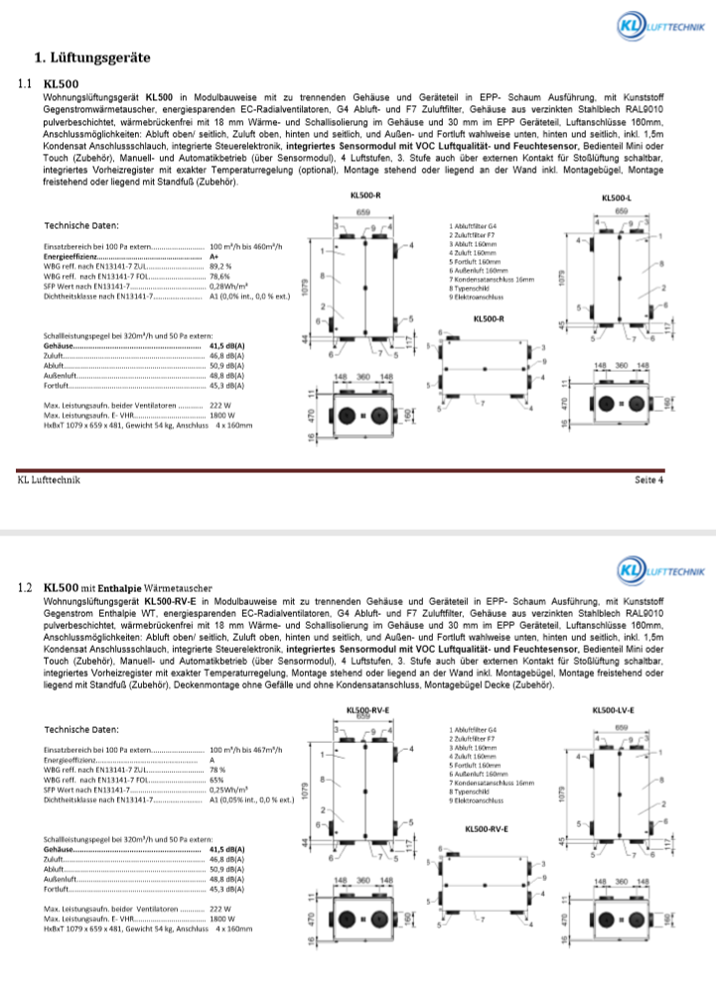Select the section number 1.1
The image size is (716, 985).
click(27, 84)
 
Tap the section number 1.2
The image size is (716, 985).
click(27, 588)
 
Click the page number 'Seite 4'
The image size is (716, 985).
click(648, 480)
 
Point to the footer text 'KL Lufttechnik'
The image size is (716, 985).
click(50, 480)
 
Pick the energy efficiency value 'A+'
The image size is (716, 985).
click(215, 256)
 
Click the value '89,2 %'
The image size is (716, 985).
click(220, 266)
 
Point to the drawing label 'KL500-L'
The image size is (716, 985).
click(617, 199)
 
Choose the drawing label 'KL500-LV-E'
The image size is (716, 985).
click(613, 710)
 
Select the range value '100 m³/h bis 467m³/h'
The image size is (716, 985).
click(247, 750)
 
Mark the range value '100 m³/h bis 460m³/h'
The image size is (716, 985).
click(247, 245)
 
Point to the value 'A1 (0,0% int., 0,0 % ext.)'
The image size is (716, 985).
click(249, 297)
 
